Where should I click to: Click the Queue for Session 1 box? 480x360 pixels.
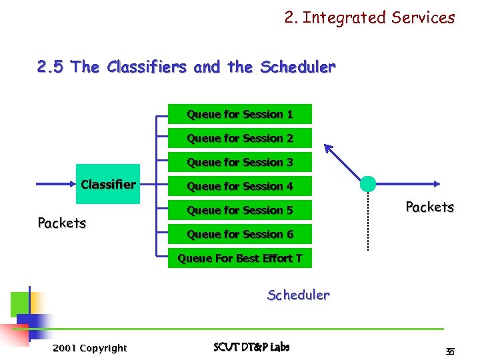pyautogui.click(x=239, y=114)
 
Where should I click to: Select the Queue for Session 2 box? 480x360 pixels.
pyautogui.click(x=239, y=138)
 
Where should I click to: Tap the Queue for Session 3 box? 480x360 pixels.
pyautogui.click(x=239, y=162)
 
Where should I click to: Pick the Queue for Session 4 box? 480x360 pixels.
pyautogui.click(x=239, y=186)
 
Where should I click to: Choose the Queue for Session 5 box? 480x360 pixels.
pyautogui.click(x=239, y=210)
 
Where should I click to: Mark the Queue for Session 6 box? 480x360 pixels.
pyautogui.click(x=239, y=234)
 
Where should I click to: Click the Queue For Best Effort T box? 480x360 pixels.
pyautogui.click(x=239, y=258)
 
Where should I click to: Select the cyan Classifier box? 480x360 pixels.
pyautogui.click(x=108, y=184)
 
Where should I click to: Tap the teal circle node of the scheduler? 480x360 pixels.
pyautogui.click(x=368, y=183)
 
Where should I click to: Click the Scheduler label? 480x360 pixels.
pyautogui.click(x=298, y=295)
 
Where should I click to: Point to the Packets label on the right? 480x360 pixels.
pyautogui.click(x=429, y=207)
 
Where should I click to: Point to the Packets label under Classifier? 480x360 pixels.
pyautogui.click(x=61, y=223)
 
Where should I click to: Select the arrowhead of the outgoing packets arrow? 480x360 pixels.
pyautogui.click(x=435, y=183)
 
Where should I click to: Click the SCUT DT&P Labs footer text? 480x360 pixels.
pyautogui.click(x=251, y=347)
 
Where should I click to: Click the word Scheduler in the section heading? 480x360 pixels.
pyautogui.click(x=298, y=67)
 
